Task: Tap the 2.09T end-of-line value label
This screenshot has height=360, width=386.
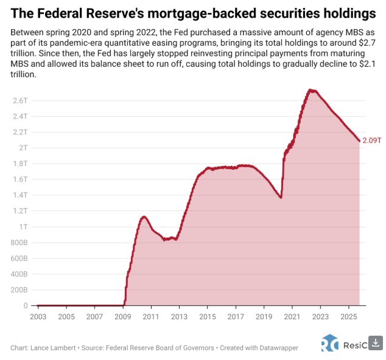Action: click(x=371, y=140)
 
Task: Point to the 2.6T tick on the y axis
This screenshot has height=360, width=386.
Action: click(x=20, y=100)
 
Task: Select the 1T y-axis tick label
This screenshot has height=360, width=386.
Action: click(x=23, y=227)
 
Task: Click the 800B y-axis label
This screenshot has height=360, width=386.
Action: click(x=19, y=243)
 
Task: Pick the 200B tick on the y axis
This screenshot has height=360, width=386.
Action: click(x=19, y=290)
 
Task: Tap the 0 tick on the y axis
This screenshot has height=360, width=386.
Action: click(x=26, y=306)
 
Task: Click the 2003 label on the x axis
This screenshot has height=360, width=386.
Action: click(x=38, y=317)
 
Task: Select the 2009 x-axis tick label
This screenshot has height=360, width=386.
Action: click(x=122, y=317)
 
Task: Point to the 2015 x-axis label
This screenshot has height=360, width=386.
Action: click(x=207, y=317)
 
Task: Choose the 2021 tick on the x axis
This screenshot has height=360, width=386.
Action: click(x=292, y=317)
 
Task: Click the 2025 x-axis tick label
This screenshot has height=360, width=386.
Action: click(x=348, y=317)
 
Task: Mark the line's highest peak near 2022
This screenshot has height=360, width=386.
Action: click(x=311, y=90)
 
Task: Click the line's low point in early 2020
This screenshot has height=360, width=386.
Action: click(x=281, y=198)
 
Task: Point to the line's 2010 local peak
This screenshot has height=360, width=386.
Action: click(x=144, y=216)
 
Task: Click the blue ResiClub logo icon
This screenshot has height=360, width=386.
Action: click(x=329, y=343)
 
